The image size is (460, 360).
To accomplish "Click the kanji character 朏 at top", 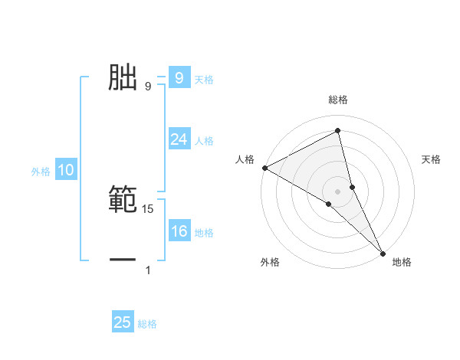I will click(123, 77).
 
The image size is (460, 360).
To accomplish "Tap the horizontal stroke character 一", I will click(123, 260).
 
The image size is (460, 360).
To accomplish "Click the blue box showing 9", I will click(179, 77).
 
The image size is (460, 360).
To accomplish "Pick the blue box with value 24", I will click(179, 139).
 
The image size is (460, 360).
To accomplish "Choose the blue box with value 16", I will click(179, 232).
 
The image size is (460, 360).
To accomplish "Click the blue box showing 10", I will click(66, 171).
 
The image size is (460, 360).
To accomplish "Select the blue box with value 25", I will click(123, 322).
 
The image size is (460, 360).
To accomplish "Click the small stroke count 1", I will click(148, 270).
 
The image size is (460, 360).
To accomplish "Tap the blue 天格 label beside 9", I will click(204, 79).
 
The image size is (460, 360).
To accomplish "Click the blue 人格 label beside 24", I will click(204, 141).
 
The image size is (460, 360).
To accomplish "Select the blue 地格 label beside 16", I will click(204, 233).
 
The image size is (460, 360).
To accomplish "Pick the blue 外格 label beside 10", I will click(41, 172).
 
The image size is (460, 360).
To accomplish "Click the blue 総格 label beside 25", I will click(148, 324).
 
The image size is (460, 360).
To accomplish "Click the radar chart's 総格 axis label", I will click(337, 100).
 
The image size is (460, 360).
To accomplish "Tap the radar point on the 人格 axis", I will click(264, 168).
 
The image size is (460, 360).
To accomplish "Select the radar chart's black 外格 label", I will click(270, 263).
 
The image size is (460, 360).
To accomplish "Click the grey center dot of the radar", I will click(337, 191).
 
